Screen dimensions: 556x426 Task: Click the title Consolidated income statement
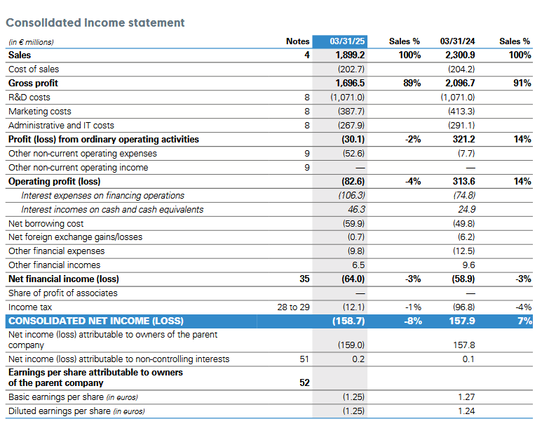click(x=95, y=22)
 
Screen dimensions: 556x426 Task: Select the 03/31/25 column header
click(x=347, y=41)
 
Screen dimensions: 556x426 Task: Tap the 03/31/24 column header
click(x=457, y=41)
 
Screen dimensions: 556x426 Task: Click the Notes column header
click(x=298, y=41)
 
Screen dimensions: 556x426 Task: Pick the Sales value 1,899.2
click(x=350, y=55)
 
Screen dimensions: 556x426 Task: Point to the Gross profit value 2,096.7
click(x=460, y=83)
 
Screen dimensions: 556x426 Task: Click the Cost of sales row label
click(x=34, y=69)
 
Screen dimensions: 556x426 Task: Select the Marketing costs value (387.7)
click(x=351, y=111)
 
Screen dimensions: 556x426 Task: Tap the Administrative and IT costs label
click(x=61, y=126)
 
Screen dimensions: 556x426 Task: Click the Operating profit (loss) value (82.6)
click(x=353, y=181)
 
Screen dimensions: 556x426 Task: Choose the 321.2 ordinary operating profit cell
click(x=464, y=139)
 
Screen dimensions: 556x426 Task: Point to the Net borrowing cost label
click(x=46, y=224)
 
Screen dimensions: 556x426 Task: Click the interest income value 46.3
click(x=356, y=209)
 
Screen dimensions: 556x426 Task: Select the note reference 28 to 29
click(x=293, y=307)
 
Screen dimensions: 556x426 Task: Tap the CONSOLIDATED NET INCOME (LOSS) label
click(x=96, y=321)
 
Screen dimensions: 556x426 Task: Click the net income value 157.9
click(x=462, y=321)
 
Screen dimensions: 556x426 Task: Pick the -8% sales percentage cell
click(x=413, y=321)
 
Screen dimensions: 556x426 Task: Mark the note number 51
click(x=304, y=359)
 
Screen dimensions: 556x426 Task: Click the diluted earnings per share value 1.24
click(x=466, y=411)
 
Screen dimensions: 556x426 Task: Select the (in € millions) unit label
click(x=32, y=42)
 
